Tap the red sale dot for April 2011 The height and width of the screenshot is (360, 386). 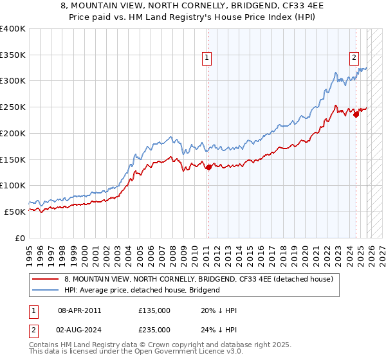208,167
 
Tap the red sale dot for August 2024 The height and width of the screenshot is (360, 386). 356,115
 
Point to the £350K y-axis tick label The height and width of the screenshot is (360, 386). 13,55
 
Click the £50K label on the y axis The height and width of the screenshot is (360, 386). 15,212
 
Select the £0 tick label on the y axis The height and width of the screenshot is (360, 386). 20,238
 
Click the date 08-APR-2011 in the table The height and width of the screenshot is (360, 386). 79,310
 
